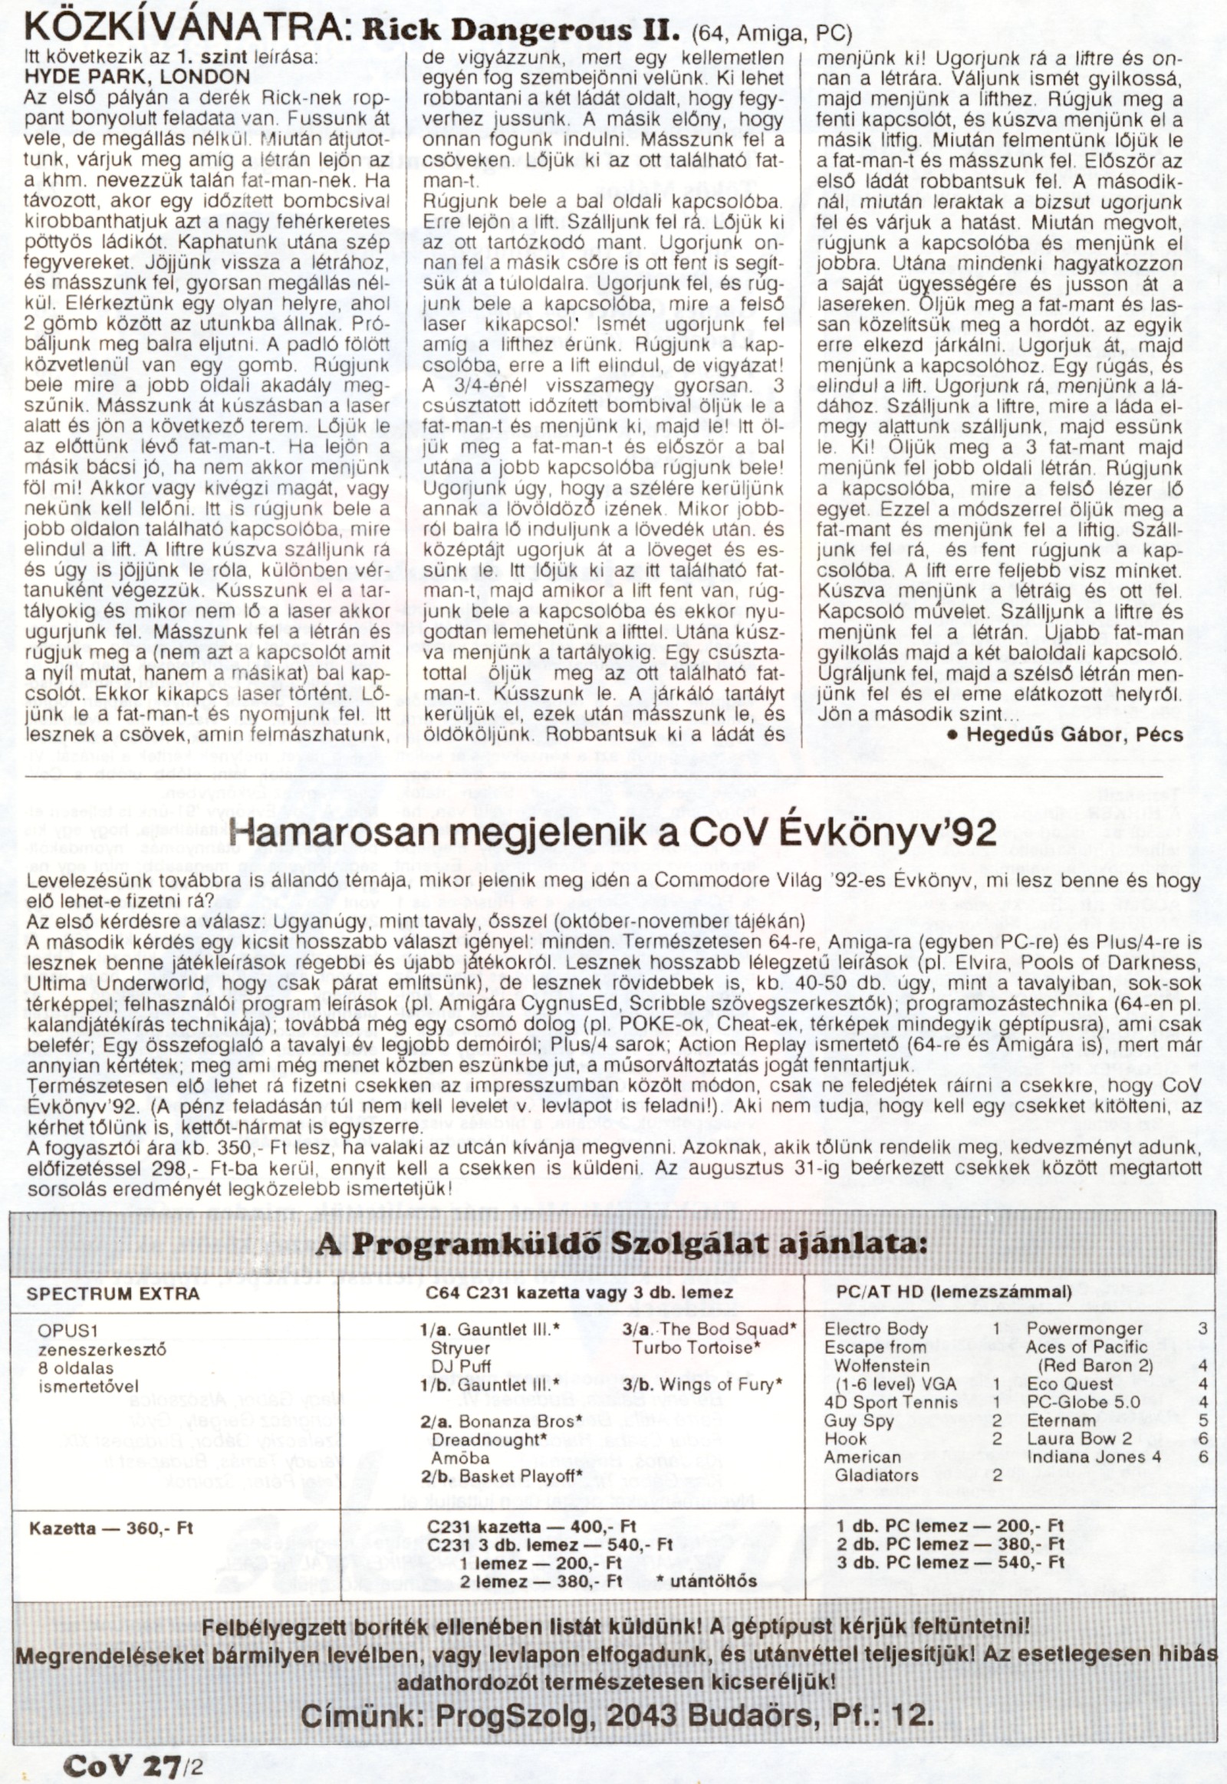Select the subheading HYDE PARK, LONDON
pos(137,77)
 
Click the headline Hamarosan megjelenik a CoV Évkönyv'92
pos(613,833)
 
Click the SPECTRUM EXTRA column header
pos(113,1293)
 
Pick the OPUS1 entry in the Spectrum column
pos(69,1330)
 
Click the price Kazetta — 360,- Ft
pos(110,1528)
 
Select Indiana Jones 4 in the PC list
pos(1094,1456)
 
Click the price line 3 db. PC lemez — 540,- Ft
pos(950,1562)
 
